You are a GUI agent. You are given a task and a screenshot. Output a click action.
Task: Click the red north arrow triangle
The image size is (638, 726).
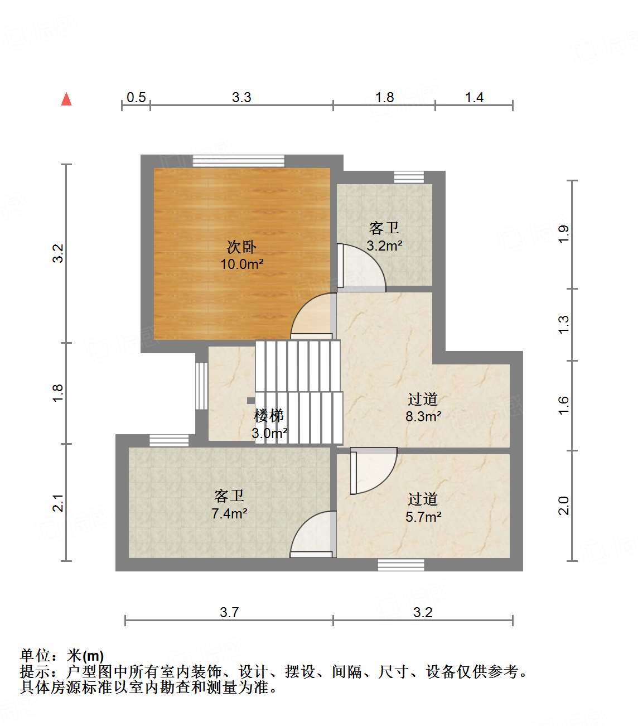pos(66,99)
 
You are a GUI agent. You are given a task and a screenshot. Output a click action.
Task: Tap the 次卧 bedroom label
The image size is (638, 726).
pos(241,247)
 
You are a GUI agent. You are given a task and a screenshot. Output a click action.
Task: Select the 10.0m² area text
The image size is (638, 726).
pos(241,264)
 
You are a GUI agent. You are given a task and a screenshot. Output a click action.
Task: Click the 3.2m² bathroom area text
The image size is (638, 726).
pos(384,246)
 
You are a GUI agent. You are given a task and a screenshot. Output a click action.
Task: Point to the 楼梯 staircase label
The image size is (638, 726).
pos(269,415)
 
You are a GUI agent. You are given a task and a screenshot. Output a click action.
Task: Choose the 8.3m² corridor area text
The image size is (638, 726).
pos(423,416)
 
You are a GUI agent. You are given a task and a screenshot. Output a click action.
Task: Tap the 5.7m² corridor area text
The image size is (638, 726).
pos(423,517)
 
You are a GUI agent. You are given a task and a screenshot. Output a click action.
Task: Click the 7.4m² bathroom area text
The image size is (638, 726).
pos(229,513)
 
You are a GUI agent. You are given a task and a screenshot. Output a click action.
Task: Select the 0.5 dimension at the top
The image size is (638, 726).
pos(136,98)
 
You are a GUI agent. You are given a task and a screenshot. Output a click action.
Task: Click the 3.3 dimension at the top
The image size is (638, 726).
pos(241,98)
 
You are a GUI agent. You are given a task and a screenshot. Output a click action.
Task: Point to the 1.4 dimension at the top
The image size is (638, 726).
pos(474,98)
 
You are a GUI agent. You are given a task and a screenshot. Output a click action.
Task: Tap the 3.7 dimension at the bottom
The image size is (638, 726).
pos(229,612)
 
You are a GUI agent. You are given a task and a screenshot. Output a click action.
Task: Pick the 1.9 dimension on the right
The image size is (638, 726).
pos(563,233)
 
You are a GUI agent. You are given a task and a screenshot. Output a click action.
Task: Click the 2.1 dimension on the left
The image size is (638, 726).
pos(59,503)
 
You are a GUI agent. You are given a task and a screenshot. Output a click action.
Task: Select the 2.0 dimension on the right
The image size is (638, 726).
pos(563,506)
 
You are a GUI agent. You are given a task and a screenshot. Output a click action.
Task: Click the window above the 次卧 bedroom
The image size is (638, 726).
pos(238,161)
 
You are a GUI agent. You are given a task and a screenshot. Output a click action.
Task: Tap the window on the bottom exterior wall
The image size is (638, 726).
pos(400,565)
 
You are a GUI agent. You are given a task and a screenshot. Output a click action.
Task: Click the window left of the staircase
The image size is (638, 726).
pos(201,386)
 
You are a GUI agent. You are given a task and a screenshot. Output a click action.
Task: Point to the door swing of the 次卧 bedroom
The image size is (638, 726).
pos(312,316)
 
